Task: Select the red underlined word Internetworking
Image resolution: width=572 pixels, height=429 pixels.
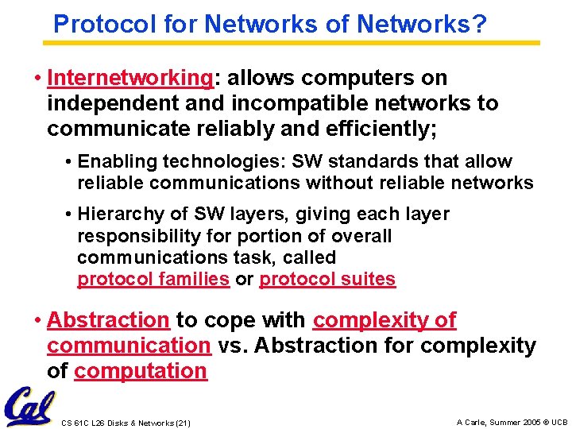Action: (x=129, y=78)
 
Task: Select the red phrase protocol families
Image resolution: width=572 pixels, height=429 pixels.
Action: (x=153, y=279)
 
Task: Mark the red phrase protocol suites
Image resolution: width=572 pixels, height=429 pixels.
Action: (x=327, y=279)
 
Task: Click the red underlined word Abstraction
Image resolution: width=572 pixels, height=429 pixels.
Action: (x=108, y=320)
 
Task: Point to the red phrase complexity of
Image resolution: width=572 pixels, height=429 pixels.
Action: (x=385, y=320)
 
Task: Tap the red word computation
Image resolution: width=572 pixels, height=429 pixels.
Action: (x=141, y=371)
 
